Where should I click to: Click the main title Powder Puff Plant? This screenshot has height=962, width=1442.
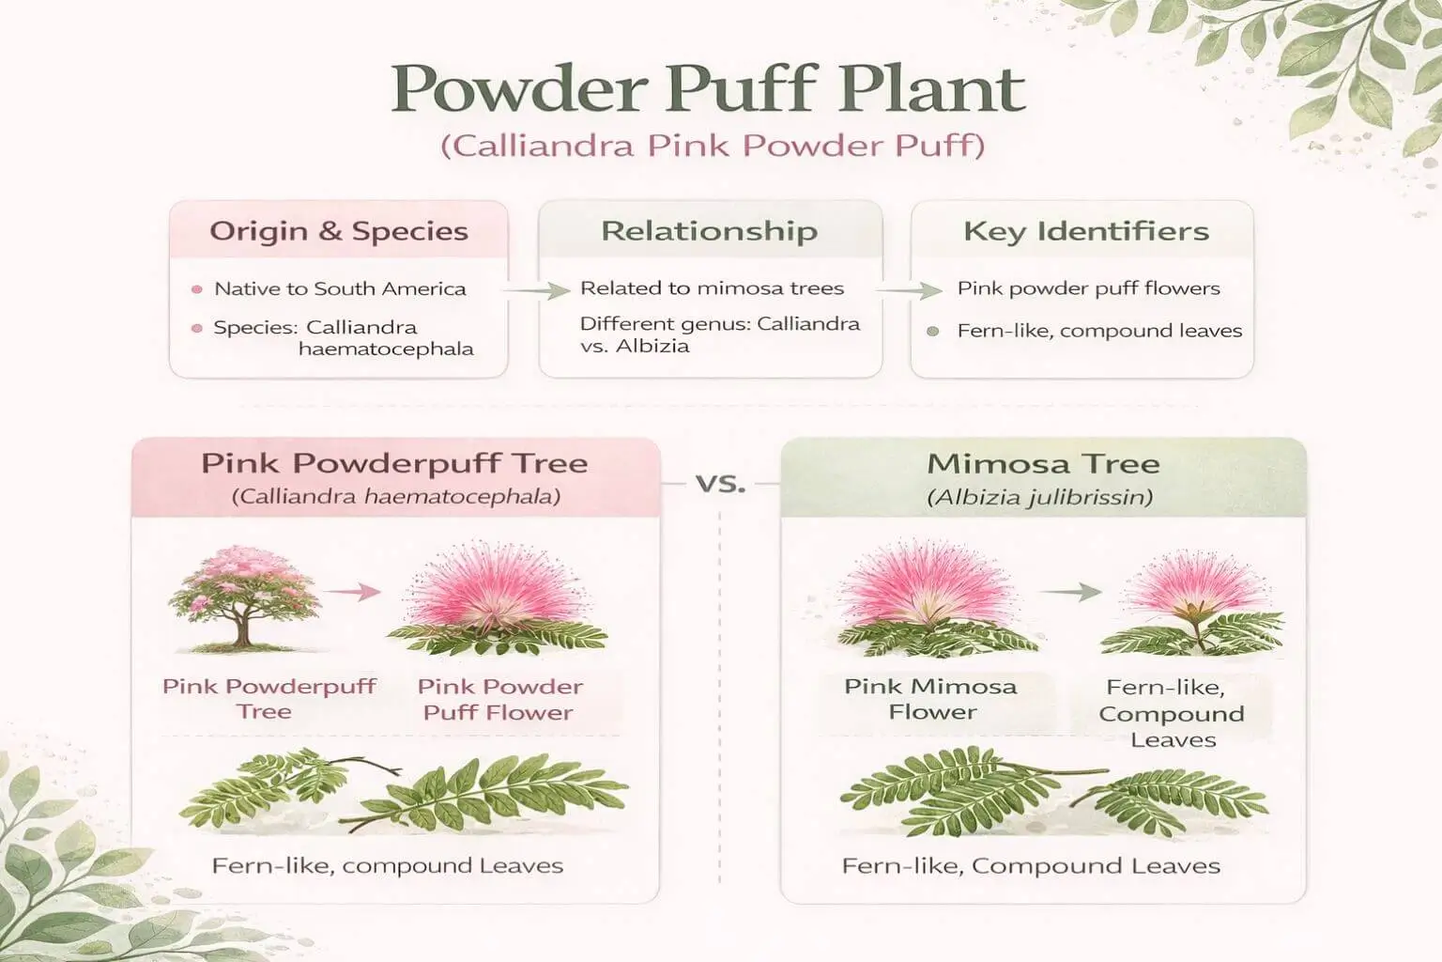(x=708, y=90)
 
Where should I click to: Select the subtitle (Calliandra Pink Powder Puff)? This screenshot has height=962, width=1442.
(x=713, y=147)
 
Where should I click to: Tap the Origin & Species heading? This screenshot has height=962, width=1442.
(x=339, y=231)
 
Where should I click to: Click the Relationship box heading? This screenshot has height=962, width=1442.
(x=710, y=231)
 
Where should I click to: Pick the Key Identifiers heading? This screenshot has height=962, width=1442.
(x=1086, y=231)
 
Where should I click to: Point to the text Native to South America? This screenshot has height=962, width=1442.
(x=340, y=289)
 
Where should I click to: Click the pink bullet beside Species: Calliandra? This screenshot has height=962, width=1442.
(x=197, y=329)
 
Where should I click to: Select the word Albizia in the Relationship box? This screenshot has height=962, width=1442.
(x=652, y=347)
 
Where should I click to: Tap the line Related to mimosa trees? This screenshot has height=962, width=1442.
(x=712, y=288)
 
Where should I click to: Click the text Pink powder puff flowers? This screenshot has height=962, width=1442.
(x=1089, y=289)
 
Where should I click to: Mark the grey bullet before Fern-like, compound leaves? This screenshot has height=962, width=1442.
(x=933, y=332)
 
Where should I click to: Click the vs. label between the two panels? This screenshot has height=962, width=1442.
(x=720, y=484)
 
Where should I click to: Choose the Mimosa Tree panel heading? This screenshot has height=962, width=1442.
(x=1043, y=464)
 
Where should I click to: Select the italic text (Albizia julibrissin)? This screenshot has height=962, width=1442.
(x=1040, y=497)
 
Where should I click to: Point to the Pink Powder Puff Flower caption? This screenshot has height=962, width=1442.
(x=499, y=700)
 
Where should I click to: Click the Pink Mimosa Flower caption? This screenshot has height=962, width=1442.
(x=931, y=699)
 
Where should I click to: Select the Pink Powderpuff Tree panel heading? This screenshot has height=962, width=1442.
(x=394, y=464)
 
